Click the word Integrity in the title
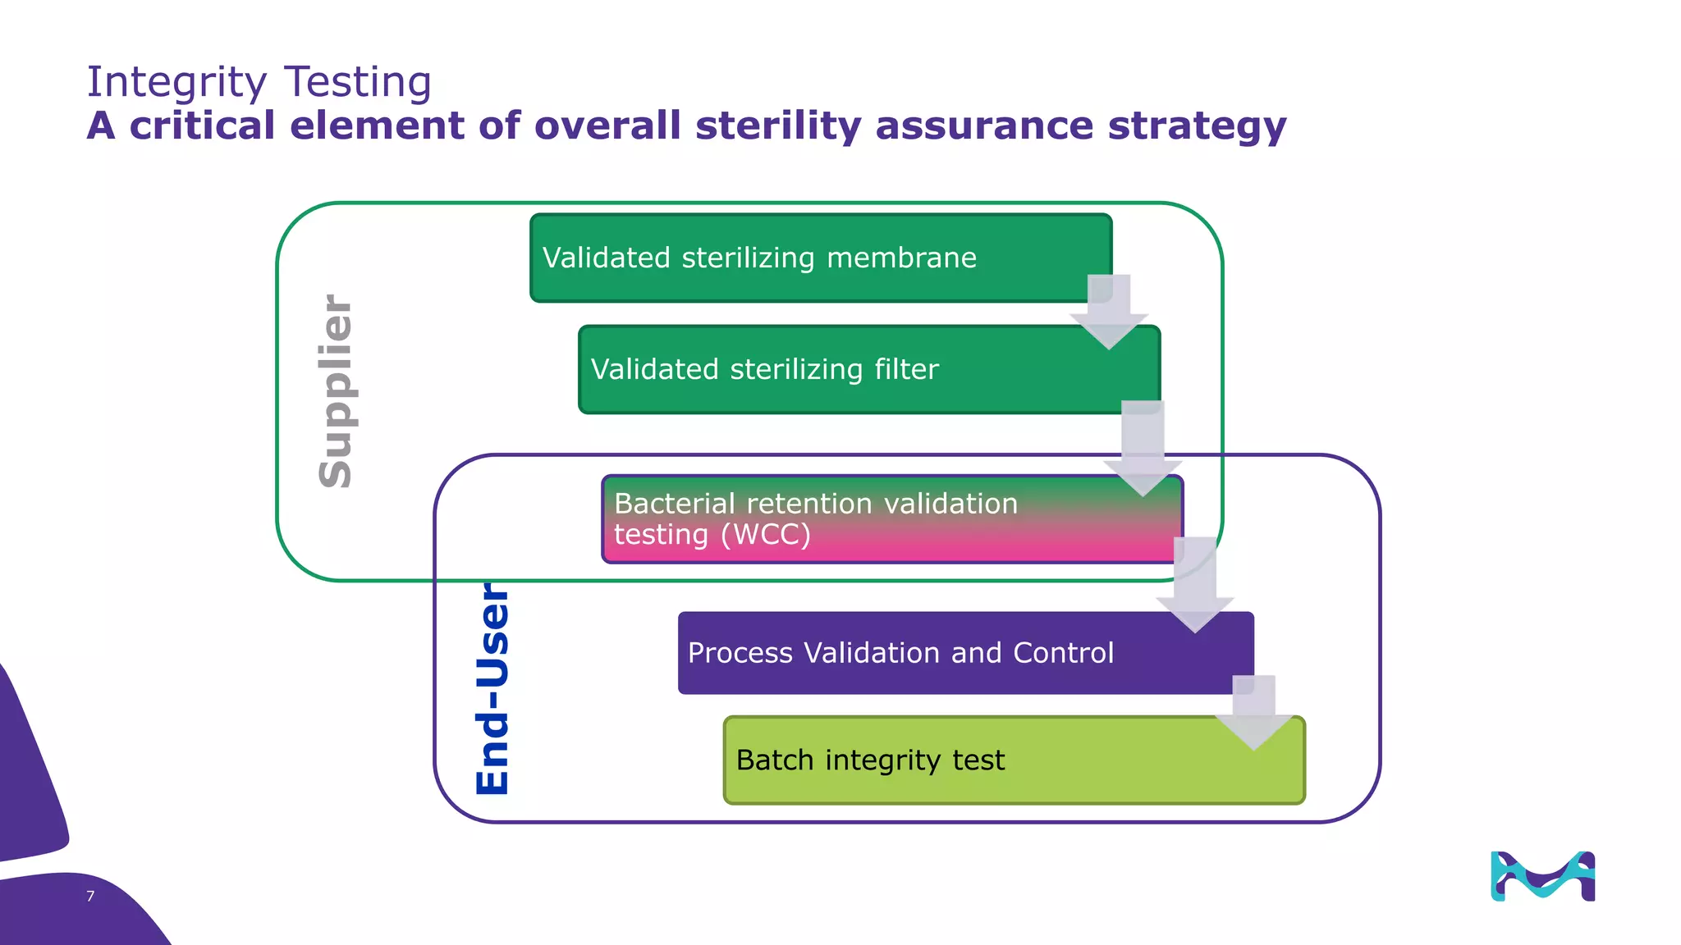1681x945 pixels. tap(176, 83)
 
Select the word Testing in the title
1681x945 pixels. tap(358, 83)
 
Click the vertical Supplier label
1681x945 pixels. tap(336, 391)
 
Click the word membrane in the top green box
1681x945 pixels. tap(901, 258)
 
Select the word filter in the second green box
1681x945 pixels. tap(906, 369)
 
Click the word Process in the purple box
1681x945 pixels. tap(740, 653)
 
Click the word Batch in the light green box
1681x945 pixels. tap(774, 760)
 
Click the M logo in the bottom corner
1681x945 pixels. tap(1542, 876)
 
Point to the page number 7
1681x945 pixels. tap(90, 896)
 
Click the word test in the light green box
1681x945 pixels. tap(978, 760)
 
